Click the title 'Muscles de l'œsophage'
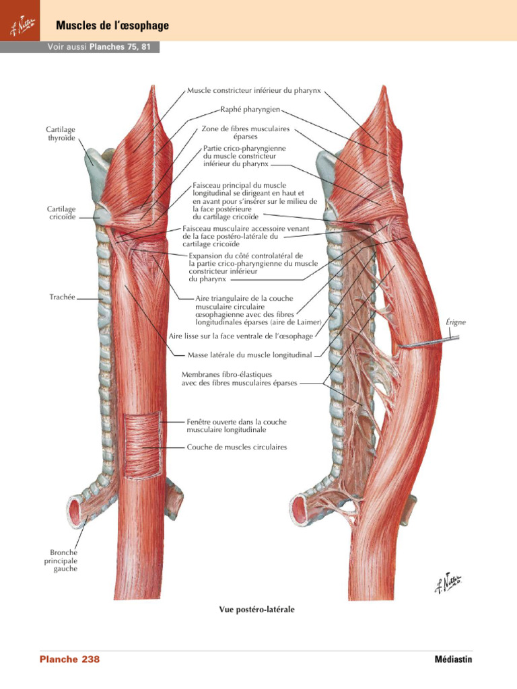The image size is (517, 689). pos(112,26)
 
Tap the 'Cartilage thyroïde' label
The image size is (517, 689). pos(61,133)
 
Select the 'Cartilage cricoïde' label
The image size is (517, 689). pos(61,213)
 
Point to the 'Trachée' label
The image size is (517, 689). pos(63,296)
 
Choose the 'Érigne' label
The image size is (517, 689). pos(456,322)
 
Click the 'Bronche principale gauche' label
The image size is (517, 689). pos(61,560)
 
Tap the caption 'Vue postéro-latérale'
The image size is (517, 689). pos(256,610)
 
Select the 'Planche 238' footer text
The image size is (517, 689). pos(69,659)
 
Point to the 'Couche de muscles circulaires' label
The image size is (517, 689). pos(236,447)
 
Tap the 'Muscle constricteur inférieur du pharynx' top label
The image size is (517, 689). pos(253,89)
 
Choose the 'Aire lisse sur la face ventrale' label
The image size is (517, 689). pos(240,334)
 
